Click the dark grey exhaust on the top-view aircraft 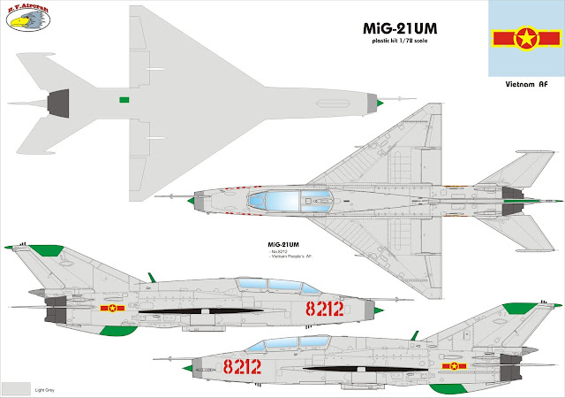click(x=55, y=104)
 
